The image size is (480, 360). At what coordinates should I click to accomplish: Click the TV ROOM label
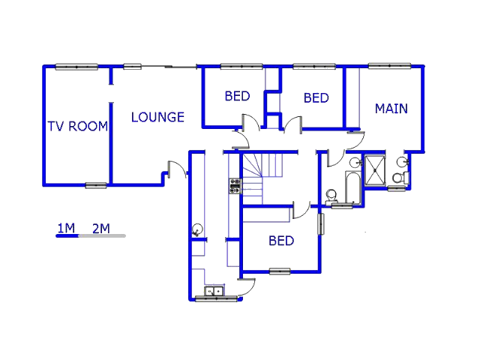78,126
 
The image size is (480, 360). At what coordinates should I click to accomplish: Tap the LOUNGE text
157,117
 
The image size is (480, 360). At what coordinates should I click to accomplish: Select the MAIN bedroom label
391,109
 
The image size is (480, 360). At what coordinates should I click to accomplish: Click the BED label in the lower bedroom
281,241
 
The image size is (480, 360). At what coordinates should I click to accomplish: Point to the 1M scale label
65,228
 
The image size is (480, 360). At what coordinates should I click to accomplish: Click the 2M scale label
101,228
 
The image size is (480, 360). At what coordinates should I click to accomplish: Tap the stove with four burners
235,185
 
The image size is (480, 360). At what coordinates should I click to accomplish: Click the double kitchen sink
214,291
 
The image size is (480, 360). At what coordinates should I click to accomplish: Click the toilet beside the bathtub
331,196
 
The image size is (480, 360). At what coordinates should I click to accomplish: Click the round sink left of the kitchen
197,229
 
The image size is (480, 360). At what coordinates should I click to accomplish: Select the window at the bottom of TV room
96,185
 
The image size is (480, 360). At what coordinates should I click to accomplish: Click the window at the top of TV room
76,67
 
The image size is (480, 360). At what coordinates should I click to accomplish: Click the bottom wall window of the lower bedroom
280,271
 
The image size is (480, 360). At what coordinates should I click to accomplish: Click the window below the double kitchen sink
216,299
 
